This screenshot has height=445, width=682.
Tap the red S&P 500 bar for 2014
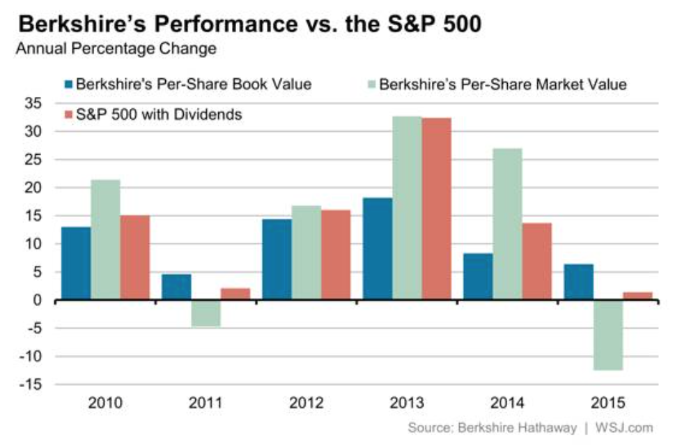pyautogui.click(x=536, y=262)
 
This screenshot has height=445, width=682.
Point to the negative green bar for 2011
pyautogui.click(x=206, y=313)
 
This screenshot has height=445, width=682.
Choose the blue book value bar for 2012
pyautogui.click(x=277, y=259)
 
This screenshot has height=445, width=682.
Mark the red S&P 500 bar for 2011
pyautogui.click(x=235, y=294)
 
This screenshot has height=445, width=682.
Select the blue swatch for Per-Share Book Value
pyautogui.click(x=68, y=85)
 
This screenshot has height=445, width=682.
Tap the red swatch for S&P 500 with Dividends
pyautogui.click(x=68, y=114)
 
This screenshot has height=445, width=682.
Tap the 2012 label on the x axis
pyautogui.click(x=306, y=404)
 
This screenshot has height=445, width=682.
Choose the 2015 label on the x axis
pyautogui.click(x=608, y=404)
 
